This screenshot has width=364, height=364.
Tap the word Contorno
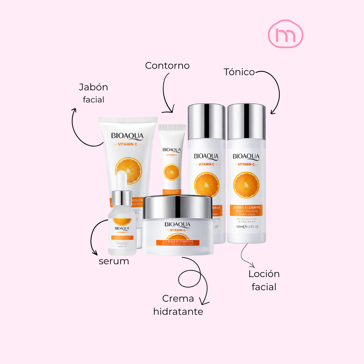pos(167,65)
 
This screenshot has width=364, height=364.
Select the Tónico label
pos(239,72)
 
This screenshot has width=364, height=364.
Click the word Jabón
pos(93,87)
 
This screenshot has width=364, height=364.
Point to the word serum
pos(114,261)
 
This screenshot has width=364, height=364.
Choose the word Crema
pos(178,299)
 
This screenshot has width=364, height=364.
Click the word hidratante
pos(178,312)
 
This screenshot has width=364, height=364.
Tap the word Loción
pos(264,274)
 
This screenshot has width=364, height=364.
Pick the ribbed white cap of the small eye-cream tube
pos(172,128)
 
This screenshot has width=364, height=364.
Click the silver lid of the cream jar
pos(178,206)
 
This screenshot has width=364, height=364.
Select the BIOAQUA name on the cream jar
pos(178,224)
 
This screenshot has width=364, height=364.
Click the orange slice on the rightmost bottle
pos(246,184)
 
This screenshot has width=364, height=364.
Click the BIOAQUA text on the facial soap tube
pos(127,136)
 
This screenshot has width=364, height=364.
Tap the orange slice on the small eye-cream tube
pos(172,172)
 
